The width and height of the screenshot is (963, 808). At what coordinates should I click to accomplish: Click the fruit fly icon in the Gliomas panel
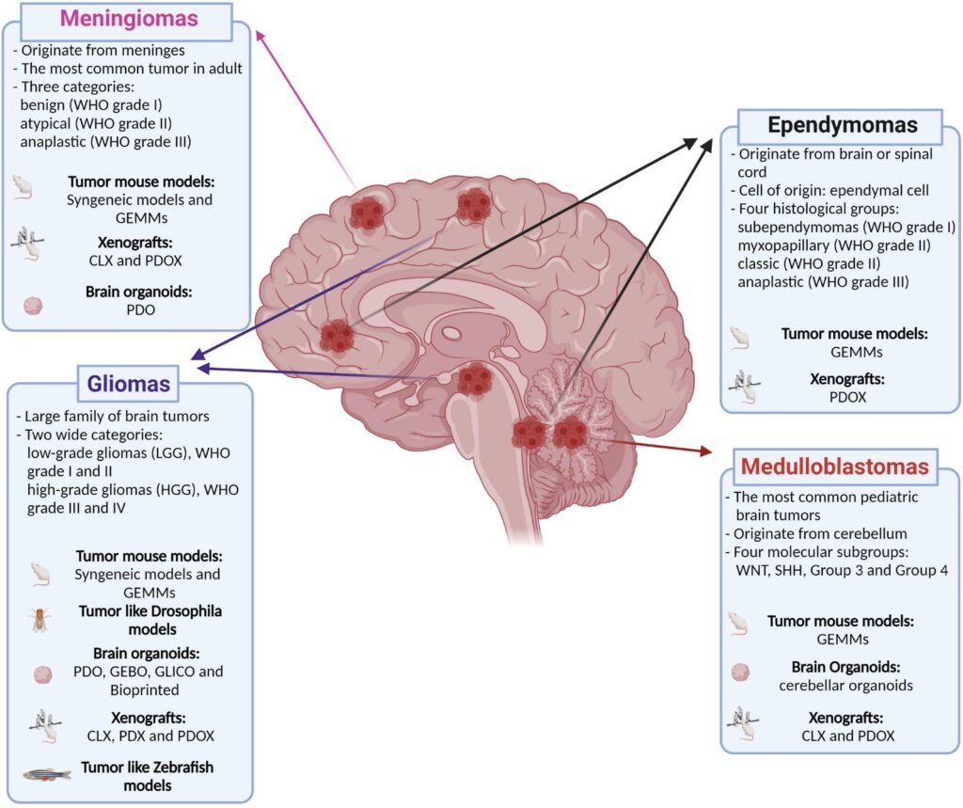tap(40, 620)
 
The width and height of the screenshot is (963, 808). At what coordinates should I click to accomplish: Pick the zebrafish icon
tap(46, 774)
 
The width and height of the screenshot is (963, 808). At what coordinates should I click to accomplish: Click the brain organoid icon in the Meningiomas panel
tap(33, 306)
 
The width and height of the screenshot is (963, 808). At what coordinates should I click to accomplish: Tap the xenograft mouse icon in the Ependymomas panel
tap(744, 387)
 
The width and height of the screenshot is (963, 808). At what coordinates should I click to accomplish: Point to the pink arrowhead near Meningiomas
tap(260, 36)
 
